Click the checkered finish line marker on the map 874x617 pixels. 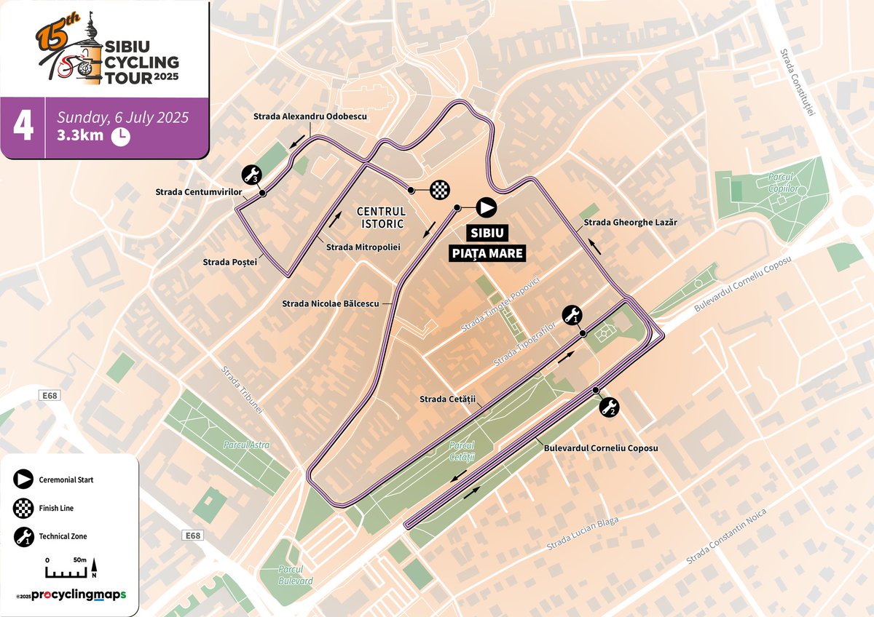(x=439, y=190)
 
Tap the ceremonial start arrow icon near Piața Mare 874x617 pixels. (x=486, y=207)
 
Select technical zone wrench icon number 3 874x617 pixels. (x=251, y=175)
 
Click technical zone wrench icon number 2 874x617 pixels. (x=609, y=408)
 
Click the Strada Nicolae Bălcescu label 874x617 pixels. (x=330, y=303)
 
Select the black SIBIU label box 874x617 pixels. (x=487, y=234)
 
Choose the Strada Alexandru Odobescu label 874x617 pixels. (x=310, y=116)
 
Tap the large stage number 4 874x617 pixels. (x=23, y=125)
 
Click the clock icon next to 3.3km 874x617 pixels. (x=120, y=136)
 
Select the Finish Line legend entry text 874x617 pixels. (x=59, y=508)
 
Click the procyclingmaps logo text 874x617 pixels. (x=78, y=595)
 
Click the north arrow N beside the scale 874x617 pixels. (x=93, y=570)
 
